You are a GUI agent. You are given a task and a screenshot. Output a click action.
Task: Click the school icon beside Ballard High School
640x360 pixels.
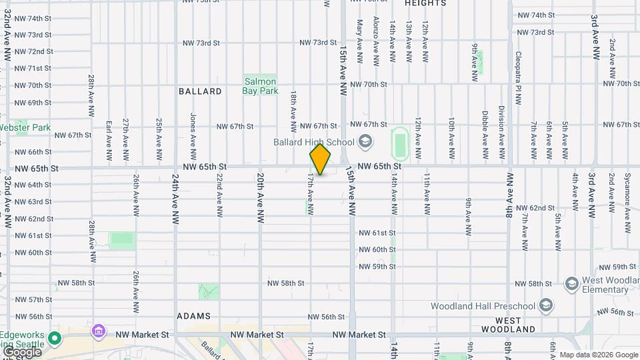[x=365, y=141]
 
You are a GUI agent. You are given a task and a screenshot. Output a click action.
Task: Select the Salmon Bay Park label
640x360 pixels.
[x=260, y=86]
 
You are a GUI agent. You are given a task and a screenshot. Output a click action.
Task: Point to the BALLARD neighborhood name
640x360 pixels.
[x=200, y=91]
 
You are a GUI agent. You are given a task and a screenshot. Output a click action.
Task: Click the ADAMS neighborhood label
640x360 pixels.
[x=194, y=316]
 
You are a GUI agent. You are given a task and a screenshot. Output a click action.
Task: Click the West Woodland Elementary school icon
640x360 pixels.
[x=571, y=285]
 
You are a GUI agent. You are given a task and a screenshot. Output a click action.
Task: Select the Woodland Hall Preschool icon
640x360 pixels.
[x=546, y=306]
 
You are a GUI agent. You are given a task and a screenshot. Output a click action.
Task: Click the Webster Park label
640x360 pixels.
[x=25, y=127]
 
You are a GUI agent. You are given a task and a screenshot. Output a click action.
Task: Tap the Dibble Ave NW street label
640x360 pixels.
[x=485, y=134]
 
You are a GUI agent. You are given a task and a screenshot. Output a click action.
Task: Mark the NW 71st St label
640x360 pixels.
[x=33, y=68]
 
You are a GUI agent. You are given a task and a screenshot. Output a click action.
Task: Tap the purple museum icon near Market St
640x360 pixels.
[x=99, y=331]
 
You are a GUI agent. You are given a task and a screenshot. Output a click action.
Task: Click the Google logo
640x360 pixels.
[x=22, y=352]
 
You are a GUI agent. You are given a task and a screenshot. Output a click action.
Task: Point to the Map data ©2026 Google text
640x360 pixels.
[x=599, y=355]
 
